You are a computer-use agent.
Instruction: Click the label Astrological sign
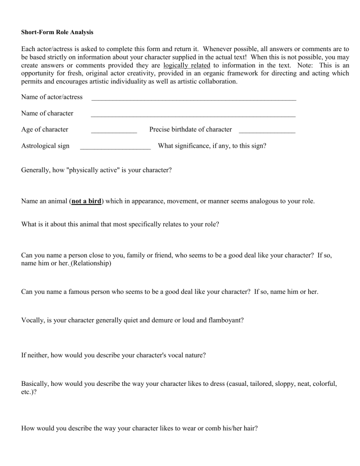(45, 146)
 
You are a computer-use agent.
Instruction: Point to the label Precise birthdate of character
(190, 129)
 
